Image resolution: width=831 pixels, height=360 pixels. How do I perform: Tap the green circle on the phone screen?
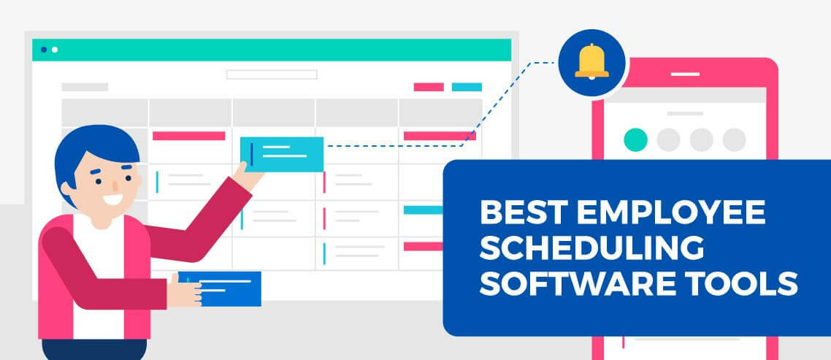pyautogui.click(x=636, y=139)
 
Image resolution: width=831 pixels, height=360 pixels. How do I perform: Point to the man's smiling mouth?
pyautogui.click(x=113, y=198)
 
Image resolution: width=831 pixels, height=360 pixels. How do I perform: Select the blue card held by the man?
pyautogui.click(x=222, y=288)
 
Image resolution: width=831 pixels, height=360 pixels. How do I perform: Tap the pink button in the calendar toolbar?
pyautogui.click(x=429, y=87)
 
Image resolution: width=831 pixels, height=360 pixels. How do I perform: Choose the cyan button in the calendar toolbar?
pyautogui.click(x=467, y=87)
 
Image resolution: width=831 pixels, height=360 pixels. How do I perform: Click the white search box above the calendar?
pyautogui.click(x=272, y=74)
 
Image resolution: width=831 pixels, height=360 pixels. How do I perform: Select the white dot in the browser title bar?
pyautogui.click(x=55, y=50)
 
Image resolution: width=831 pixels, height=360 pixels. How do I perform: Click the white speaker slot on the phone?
pyautogui.click(x=685, y=74)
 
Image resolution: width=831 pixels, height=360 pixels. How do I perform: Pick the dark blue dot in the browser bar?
pyautogui.click(x=44, y=50)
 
